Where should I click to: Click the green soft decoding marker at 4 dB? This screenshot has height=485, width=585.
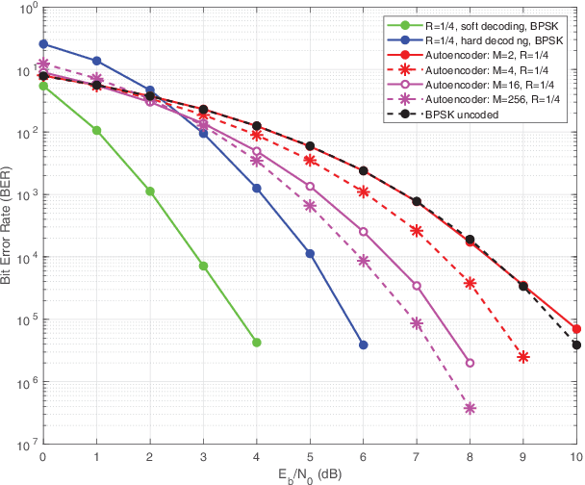pyautogui.click(x=256, y=343)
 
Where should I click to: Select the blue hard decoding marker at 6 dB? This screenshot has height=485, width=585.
pyautogui.click(x=363, y=345)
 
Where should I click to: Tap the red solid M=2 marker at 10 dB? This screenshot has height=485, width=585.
pyautogui.click(x=576, y=329)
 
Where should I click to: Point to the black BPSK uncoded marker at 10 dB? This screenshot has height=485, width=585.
pyautogui.click(x=576, y=345)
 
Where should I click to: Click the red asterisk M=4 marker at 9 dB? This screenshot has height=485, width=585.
pyautogui.click(x=523, y=357)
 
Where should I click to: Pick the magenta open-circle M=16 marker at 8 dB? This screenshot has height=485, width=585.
pyautogui.click(x=470, y=363)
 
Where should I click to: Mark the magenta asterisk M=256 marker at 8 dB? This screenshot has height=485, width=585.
pyautogui.click(x=470, y=408)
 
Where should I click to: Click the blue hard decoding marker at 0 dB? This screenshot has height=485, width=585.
pyautogui.click(x=43, y=44)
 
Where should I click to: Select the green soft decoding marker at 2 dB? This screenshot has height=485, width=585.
pyautogui.click(x=150, y=191)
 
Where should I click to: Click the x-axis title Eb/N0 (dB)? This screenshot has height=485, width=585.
pyautogui.click(x=310, y=475)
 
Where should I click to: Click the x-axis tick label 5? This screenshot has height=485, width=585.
pyautogui.click(x=310, y=457)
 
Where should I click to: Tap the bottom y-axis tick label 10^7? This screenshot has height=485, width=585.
pyautogui.click(x=26, y=447)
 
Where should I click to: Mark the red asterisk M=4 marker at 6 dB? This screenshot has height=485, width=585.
pyautogui.click(x=363, y=191)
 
